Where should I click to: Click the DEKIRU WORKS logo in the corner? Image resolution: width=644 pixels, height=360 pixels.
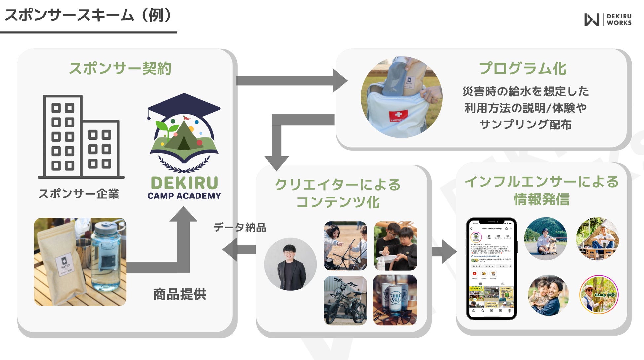coord(607,19)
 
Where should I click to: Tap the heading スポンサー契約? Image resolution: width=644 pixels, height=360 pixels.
coord(120,69)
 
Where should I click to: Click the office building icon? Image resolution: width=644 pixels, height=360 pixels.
coord(81,137)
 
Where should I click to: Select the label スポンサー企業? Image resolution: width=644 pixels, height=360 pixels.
coord(79,194)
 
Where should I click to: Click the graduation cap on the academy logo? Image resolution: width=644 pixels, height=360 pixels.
coord(184,105)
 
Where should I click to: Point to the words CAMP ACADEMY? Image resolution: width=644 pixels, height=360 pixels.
coord(184,196)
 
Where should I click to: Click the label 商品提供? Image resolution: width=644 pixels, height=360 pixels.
coord(180,294)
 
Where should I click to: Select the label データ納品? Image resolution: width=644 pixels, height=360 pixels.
coord(240,227)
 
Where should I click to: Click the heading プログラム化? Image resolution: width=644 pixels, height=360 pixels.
coord(522,69)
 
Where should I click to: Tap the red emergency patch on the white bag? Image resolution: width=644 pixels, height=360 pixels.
coord(398,116)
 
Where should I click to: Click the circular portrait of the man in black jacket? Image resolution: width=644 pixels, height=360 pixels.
coord(290,264)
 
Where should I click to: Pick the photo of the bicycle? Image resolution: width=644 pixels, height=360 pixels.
coord(345,301)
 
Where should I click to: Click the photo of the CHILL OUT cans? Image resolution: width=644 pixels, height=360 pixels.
coord(395,300)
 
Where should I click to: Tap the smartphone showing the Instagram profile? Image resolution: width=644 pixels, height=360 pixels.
coord(491,269)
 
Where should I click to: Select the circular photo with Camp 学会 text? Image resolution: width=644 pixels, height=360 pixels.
coord(598,295)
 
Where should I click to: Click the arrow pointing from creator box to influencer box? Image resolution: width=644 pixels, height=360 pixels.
coord(444,252)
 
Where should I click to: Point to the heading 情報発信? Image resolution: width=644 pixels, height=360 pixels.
coord(541,199)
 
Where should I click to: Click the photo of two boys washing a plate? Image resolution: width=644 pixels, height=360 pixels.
coord(395,246)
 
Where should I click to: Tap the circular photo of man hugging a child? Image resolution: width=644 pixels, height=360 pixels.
coord(548,295)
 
